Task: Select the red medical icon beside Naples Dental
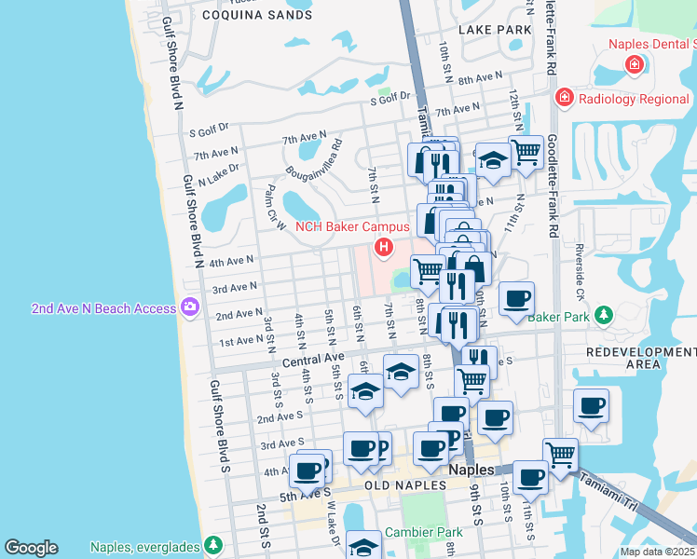[635, 64]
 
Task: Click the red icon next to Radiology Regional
[564, 98]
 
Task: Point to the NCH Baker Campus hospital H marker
[382, 247]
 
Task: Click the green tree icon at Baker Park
[604, 317]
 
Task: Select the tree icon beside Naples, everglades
[213, 545]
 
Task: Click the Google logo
[31, 548]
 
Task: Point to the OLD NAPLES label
[400, 486]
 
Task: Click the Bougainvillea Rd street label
[313, 157]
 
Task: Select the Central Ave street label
[313, 359]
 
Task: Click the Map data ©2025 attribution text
[657, 552]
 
